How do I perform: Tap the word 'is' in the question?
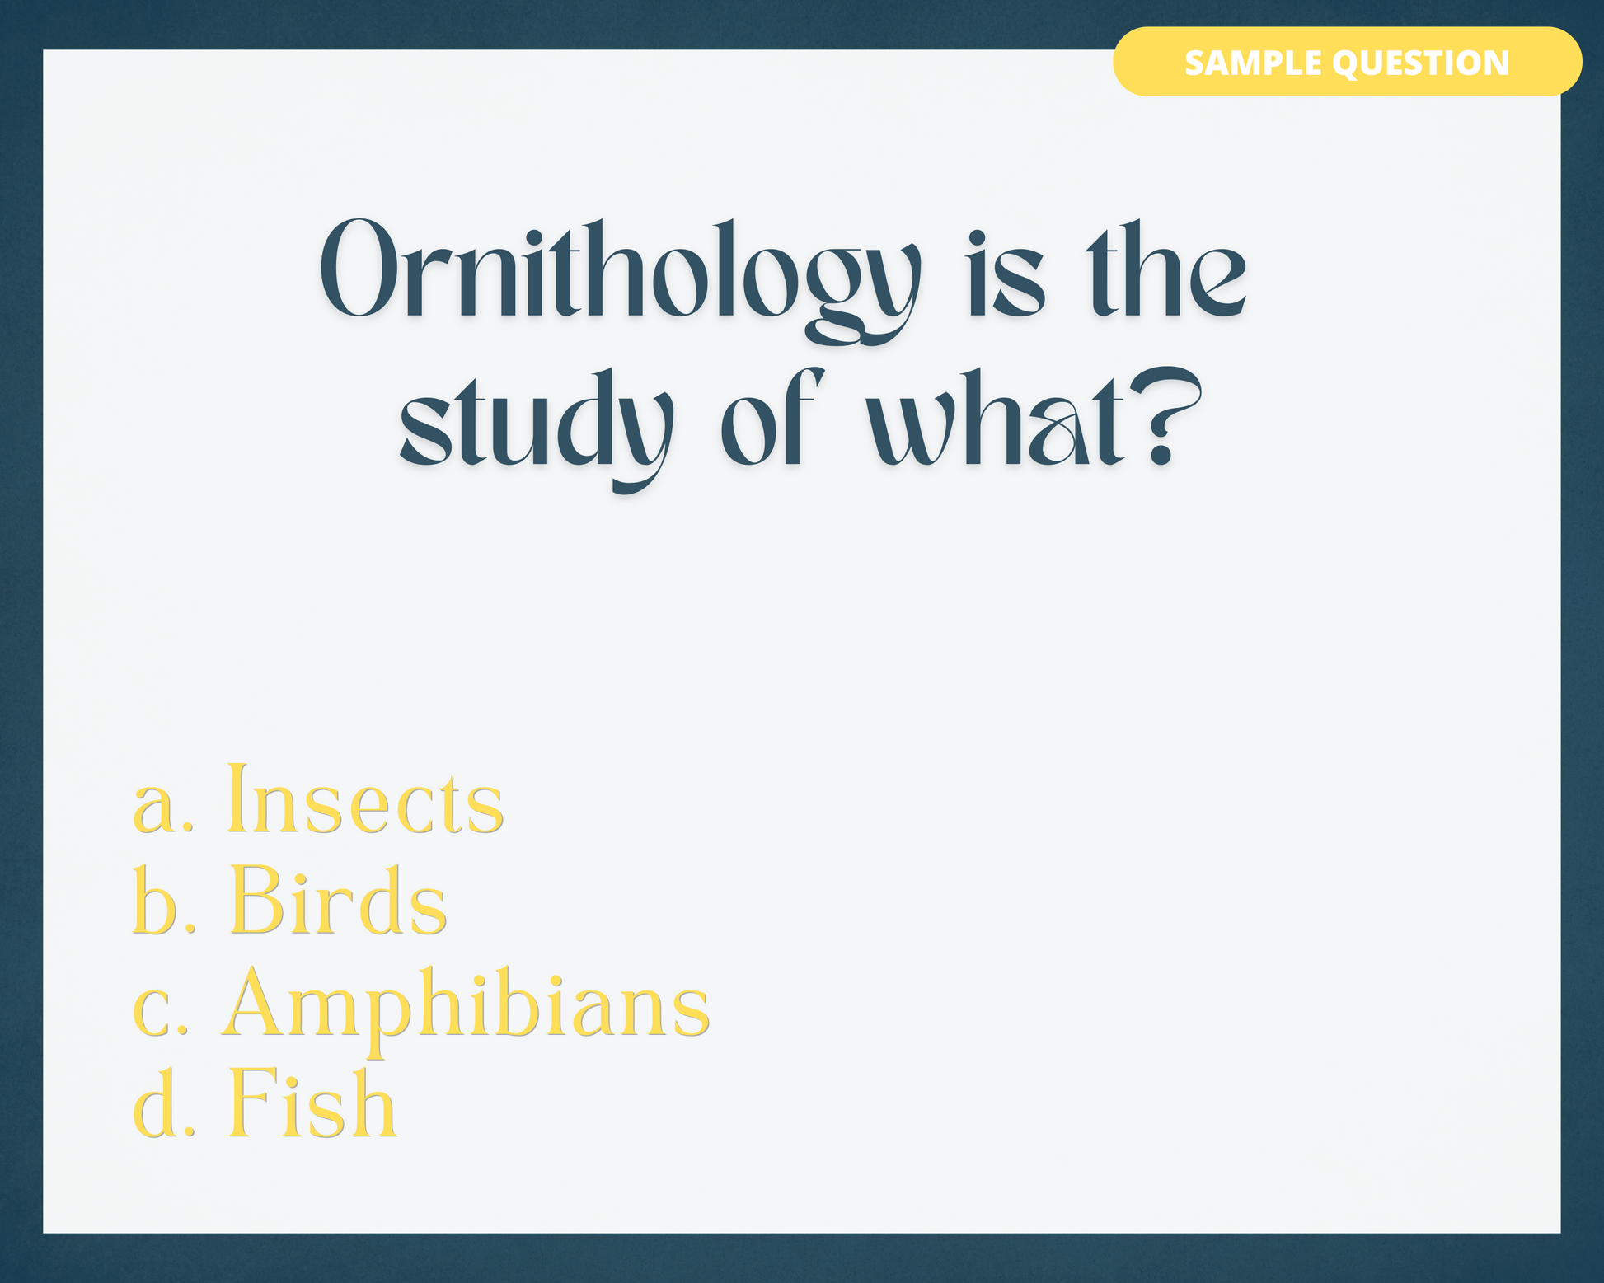[1006, 273]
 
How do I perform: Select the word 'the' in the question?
[1165, 269]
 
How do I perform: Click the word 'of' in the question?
[772, 417]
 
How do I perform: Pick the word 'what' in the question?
[995, 417]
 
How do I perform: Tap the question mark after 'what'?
[1163, 417]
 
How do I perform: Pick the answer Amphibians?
[466, 1009]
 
